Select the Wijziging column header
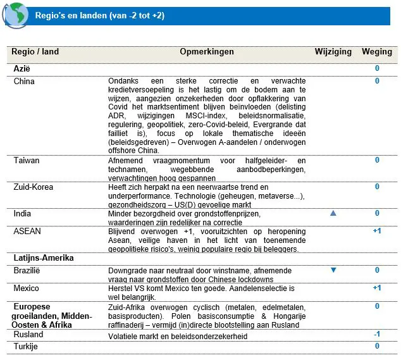(333, 52)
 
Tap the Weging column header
(377, 52)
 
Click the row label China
(25, 81)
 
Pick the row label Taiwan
(27, 160)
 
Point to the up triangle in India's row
(333, 214)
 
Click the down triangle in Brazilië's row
(333, 270)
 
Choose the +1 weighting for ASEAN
(377, 231)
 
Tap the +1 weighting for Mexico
(377, 288)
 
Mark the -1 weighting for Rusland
(377, 334)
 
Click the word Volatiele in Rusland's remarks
(126, 336)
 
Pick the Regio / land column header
(36, 52)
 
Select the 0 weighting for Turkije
(377, 346)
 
